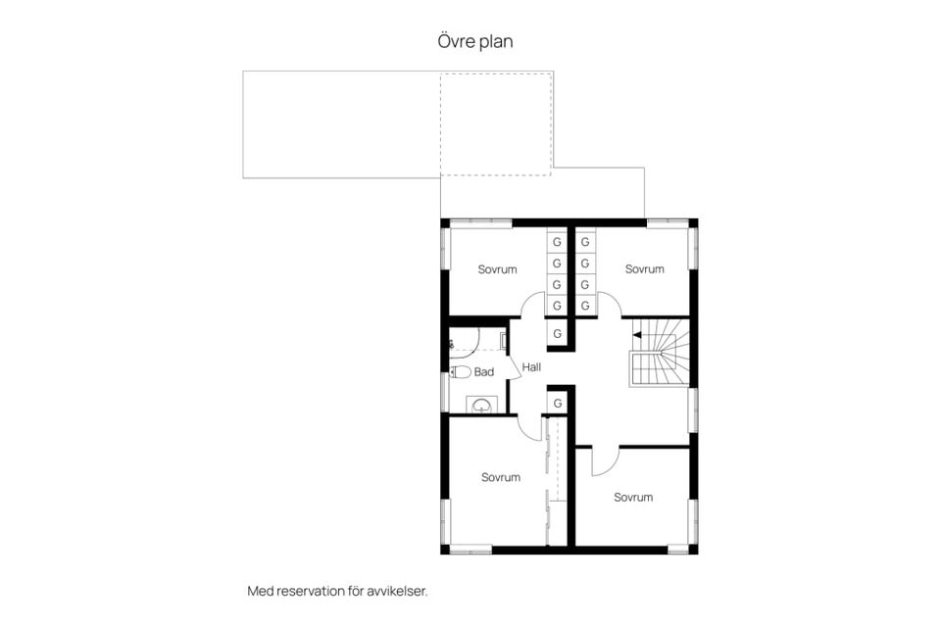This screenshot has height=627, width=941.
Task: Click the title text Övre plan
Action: (474, 41)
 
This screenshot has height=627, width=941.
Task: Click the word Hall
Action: (531, 367)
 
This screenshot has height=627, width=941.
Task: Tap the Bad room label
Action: (483, 372)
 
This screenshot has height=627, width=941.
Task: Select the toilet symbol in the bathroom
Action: (461, 372)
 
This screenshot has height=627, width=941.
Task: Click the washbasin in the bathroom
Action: (481, 406)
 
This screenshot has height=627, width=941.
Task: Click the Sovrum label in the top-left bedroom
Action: (497, 269)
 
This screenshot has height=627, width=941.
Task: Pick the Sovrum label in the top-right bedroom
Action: (645, 268)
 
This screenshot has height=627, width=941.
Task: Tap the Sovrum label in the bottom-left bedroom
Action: (501, 478)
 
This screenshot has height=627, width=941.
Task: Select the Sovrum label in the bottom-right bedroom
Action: (633, 498)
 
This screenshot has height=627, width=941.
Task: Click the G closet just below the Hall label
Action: (558, 404)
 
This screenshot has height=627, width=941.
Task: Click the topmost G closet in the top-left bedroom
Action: (557, 242)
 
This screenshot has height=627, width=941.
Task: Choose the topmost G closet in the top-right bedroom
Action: (585, 242)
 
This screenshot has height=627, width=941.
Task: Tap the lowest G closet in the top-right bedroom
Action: (585, 306)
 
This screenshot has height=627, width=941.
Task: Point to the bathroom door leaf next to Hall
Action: (514, 367)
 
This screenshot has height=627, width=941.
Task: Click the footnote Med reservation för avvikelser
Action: (337, 591)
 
